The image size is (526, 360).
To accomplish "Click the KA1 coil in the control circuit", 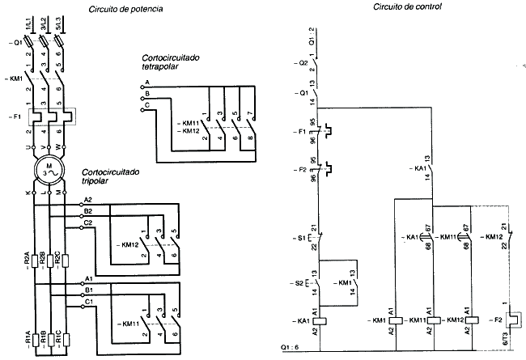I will tap(321, 320).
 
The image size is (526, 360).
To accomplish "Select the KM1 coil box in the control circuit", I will tap(393, 320).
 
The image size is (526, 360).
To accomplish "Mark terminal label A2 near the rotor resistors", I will tap(88, 199).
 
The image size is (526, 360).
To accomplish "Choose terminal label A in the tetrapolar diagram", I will tap(147, 83).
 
